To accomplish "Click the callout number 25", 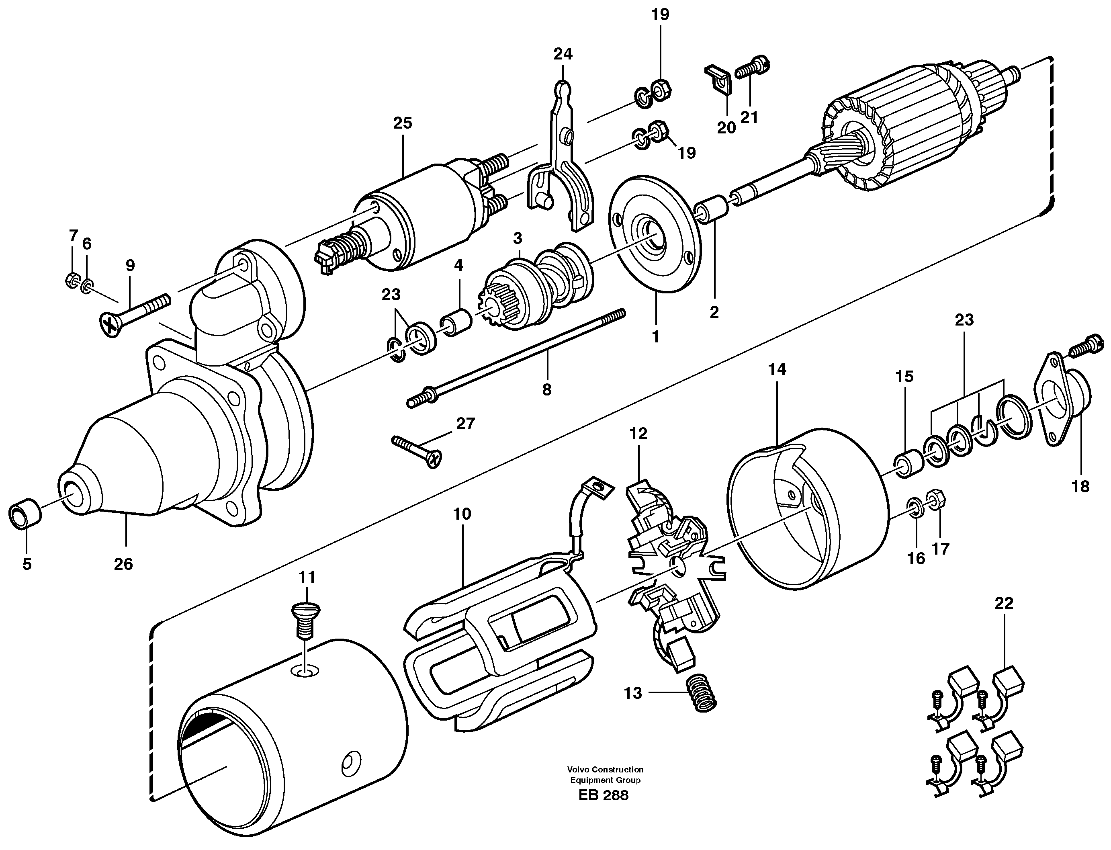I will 403,123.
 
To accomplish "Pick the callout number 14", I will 777,370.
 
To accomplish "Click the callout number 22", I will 1004,603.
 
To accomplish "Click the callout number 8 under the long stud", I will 546,389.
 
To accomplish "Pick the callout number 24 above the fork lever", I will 563,54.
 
